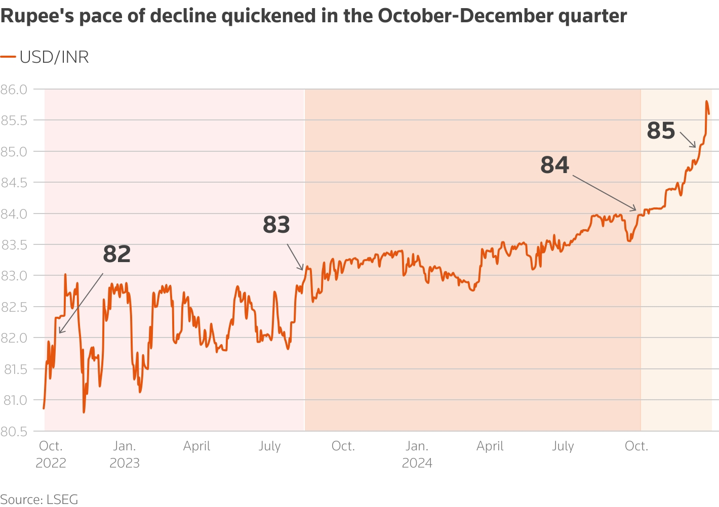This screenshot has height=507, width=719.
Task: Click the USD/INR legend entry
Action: click(x=45, y=57)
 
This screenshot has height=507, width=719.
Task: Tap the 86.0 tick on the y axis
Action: click(x=14, y=90)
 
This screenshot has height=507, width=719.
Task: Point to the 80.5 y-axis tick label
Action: click(x=14, y=432)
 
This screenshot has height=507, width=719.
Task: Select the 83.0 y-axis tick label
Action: click(x=14, y=276)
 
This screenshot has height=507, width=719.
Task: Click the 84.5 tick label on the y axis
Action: click(x=14, y=183)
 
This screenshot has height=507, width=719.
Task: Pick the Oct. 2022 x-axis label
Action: click(x=51, y=454)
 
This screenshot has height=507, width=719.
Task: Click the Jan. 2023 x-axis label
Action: click(x=125, y=454)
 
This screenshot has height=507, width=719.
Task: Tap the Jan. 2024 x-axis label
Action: click(x=417, y=454)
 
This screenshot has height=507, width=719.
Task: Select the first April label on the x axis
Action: click(x=196, y=446)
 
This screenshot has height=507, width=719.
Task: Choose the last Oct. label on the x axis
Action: click(x=636, y=446)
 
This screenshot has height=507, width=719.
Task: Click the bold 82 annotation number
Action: click(x=117, y=254)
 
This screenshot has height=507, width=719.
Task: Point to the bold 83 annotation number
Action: click(x=276, y=225)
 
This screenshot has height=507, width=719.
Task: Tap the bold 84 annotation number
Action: click(x=555, y=165)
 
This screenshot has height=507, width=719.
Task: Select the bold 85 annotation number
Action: click(x=661, y=131)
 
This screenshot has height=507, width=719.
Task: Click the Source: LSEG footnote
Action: click(x=39, y=499)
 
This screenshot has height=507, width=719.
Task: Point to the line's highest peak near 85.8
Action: click(x=706, y=101)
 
